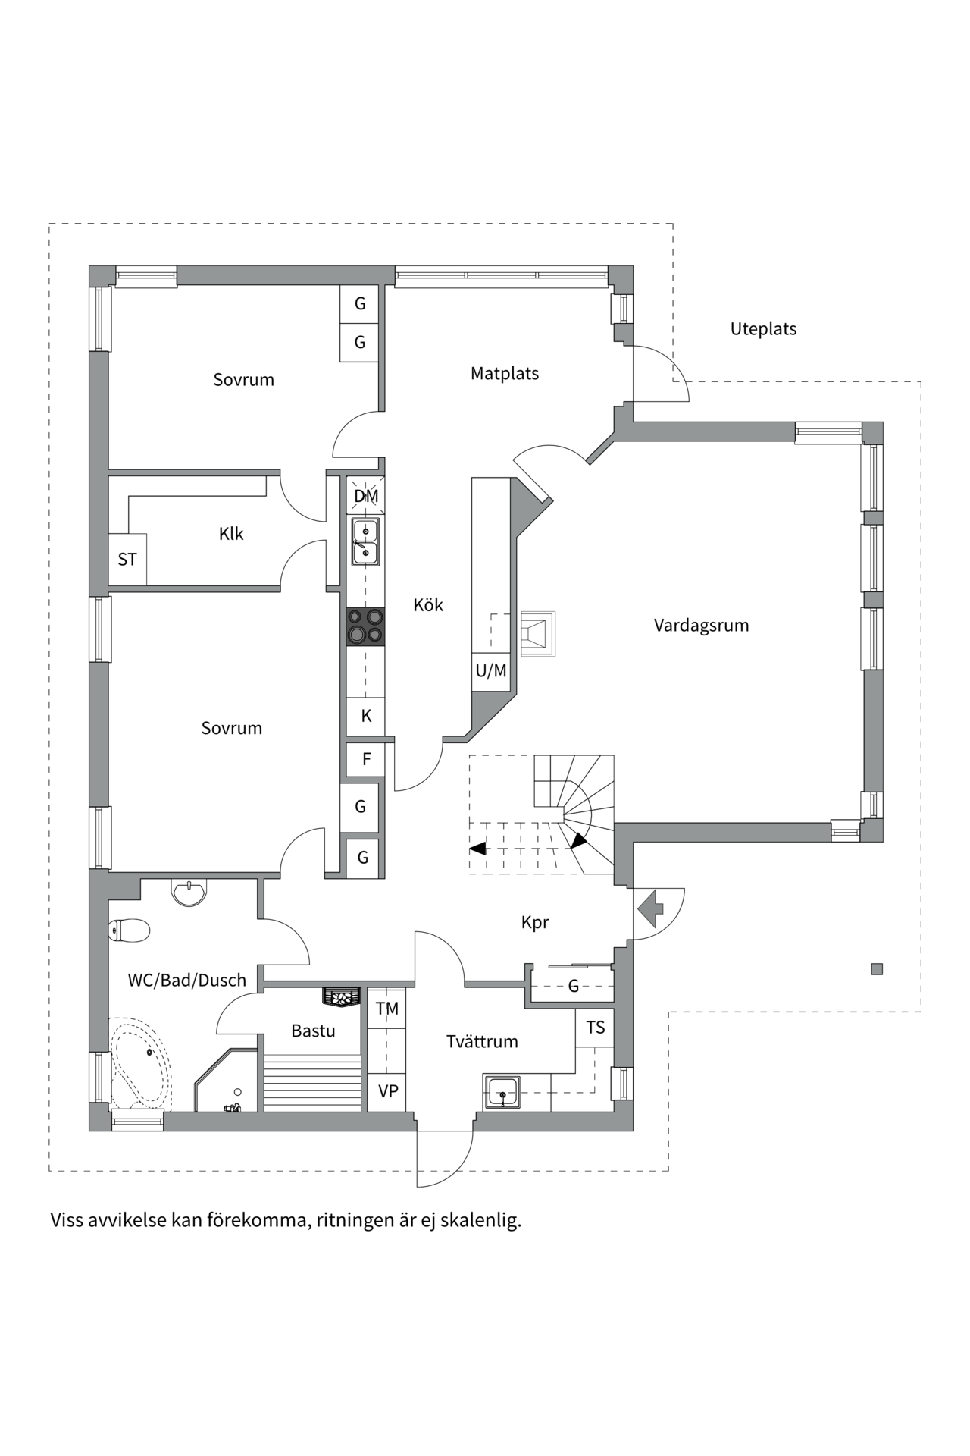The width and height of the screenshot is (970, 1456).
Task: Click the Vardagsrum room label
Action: (701, 626)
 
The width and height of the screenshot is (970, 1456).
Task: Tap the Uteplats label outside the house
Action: (763, 329)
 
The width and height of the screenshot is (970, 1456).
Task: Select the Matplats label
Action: (505, 373)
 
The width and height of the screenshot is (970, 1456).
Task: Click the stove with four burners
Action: (365, 627)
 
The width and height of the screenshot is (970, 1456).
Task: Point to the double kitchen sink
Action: (365, 541)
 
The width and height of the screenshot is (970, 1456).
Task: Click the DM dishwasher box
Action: (366, 496)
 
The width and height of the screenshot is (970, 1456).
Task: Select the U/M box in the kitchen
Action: (490, 671)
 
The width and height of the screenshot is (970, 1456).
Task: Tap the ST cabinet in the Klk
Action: (127, 560)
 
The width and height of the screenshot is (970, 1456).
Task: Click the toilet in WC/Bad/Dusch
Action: (129, 930)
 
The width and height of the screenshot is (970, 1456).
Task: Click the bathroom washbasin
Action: (189, 892)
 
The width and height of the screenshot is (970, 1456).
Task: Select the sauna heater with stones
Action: (340, 996)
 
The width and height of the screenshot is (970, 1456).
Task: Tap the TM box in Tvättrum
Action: (386, 1009)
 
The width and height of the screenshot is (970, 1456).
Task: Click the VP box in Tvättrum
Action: (387, 1092)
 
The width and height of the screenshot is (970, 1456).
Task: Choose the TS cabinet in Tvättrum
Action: (595, 1028)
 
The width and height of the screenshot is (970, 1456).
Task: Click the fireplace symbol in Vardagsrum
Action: (537, 634)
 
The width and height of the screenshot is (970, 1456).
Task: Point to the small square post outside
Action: (877, 968)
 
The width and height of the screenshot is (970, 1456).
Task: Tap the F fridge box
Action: (366, 759)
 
